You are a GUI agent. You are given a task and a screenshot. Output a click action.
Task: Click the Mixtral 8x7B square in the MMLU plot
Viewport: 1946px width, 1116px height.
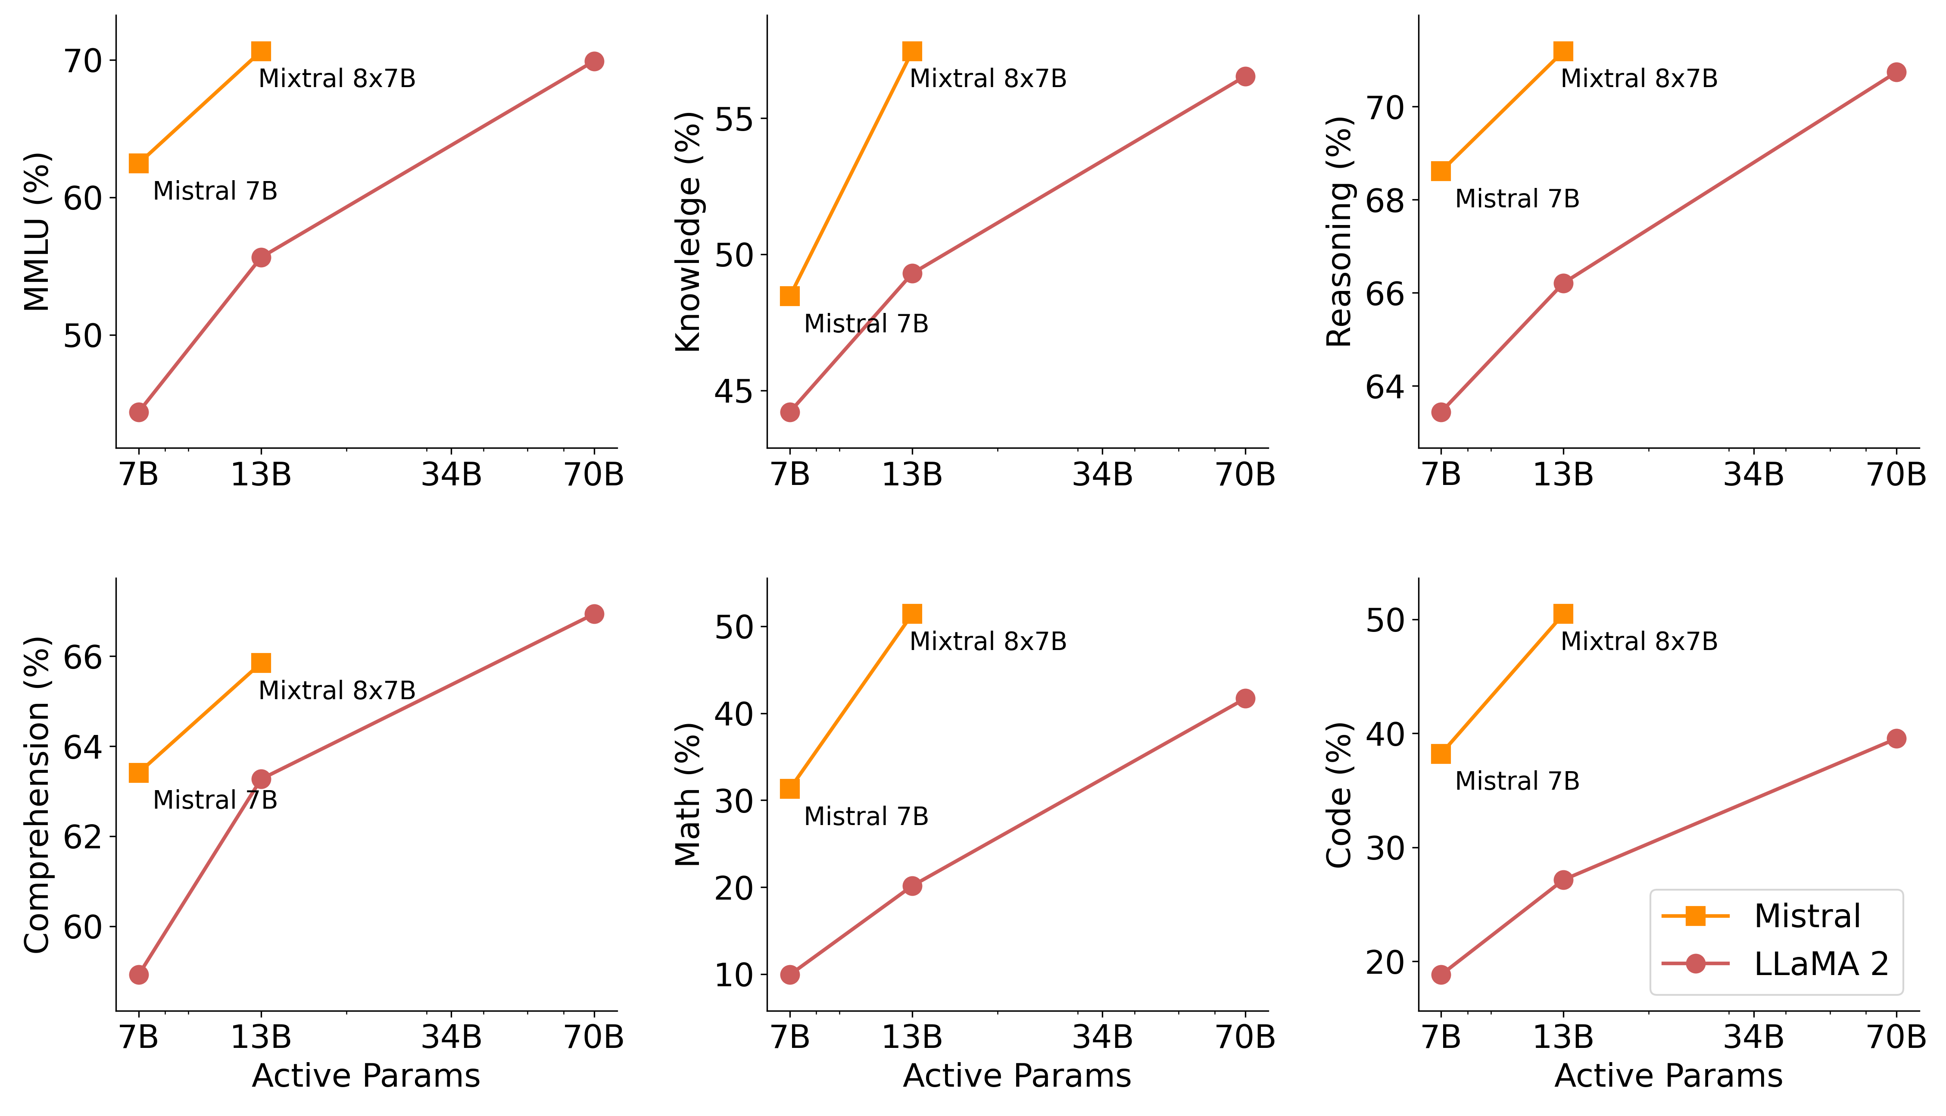pyautogui.click(x=261, y=51)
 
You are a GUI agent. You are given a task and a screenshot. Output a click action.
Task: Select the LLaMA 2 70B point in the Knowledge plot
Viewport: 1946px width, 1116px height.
pyautogui.click(x=1245, y=77)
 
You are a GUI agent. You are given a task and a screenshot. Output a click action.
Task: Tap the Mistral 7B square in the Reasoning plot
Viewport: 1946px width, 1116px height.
pyautogui.click(x=1441, y=171)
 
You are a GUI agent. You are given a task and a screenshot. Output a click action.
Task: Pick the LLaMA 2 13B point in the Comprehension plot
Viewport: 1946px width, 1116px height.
pyautogui.click(x=261, y=779)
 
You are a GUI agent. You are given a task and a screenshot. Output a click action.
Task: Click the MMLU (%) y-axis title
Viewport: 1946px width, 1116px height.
pyautogui.click(x=37, y=231)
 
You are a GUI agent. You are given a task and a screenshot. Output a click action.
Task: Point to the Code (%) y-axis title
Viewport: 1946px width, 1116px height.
pyautogui.click(x=1338, y=795)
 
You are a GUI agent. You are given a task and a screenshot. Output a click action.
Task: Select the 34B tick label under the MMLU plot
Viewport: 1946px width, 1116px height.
pyautogui.click(x=451, y=475)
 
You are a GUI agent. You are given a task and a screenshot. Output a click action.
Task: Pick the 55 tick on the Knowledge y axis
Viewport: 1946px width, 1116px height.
pyautogui.click(x=734, y=119)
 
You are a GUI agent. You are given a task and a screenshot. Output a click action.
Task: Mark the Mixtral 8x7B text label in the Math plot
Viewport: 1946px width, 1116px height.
pyautogui.click(x=988, y=641)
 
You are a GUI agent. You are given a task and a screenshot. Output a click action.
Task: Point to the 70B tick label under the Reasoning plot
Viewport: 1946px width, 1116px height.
pyautogui.click(x=1896, y=475)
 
